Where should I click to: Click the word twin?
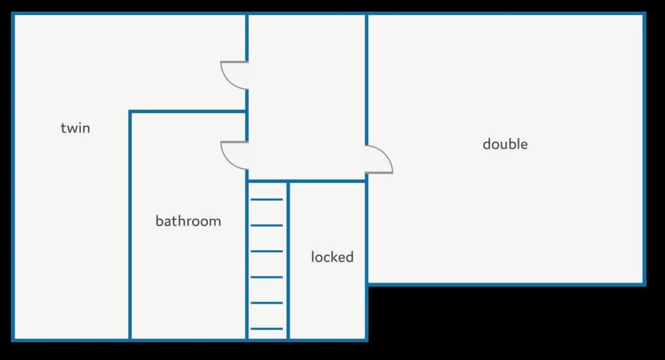click(76, 128)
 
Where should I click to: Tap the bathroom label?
click(188, 221)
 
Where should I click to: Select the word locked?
click(332, 257)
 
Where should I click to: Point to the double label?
click(505, 144)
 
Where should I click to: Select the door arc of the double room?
click(387, 155)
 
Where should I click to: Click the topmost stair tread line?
click(266, 199)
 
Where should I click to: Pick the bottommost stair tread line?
click(266, 329)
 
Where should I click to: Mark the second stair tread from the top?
click(266, 225)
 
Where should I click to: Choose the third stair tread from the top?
click(266, 251)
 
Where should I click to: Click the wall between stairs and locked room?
click(288, 260)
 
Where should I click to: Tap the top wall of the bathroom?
click(188, 111)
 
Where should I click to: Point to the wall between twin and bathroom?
click(130, 225)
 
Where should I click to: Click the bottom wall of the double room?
click(506, 284)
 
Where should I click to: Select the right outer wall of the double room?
click(644, 149)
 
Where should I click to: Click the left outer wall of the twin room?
click(13, 177)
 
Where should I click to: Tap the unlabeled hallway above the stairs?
click(306, 98)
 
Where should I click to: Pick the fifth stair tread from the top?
click(266, 303)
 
